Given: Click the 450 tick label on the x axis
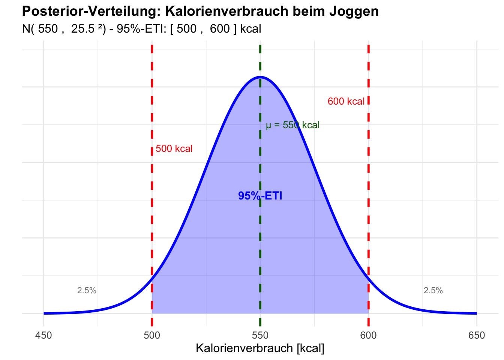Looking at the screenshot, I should [x=43, y=335].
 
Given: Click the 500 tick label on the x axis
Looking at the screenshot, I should [x=152, y=335].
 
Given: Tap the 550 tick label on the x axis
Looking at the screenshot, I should [x=260, y=335].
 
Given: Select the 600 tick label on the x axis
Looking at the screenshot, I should [x=368, y=335].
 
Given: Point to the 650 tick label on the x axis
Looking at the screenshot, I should [x=477, y=335].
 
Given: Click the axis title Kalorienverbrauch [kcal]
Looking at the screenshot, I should [x=260, y=348].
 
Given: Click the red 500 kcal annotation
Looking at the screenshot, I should [x=174, y=149].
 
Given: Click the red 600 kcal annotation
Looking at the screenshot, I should [x=346, y=102].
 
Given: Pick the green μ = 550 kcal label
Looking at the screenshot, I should [x=293, y=125].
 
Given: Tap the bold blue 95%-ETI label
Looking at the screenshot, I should [x=260, y=196].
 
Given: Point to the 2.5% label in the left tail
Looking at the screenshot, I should [x=87, y=291].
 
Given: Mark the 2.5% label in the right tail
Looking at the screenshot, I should [x=433, y=291].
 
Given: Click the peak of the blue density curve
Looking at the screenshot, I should [x=260, y=77].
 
